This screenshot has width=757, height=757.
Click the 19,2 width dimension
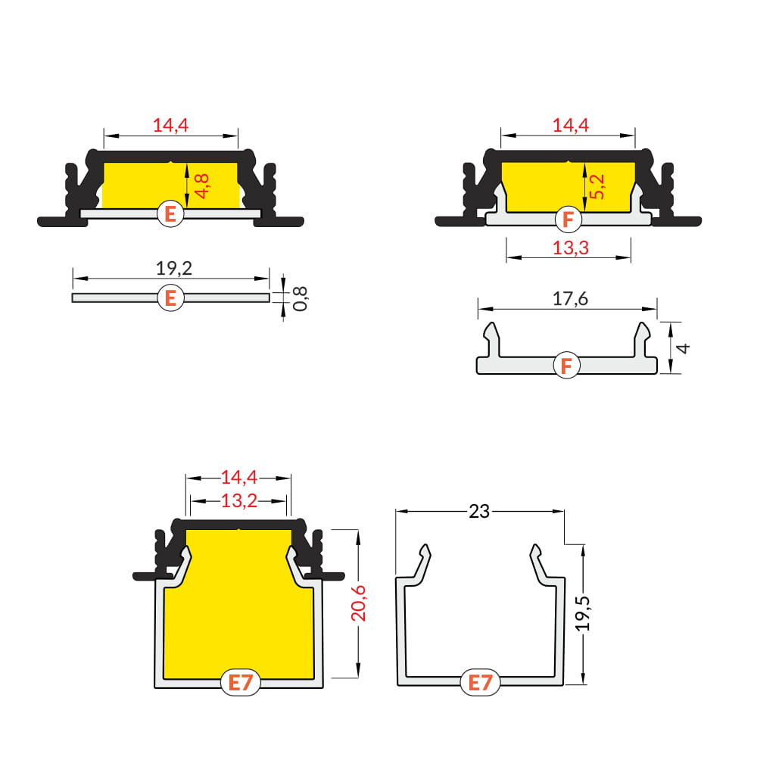(174, 269)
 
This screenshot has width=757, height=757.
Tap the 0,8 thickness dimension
(300, 298)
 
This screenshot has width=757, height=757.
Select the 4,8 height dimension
(202, 186)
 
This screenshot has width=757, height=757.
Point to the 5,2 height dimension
(597, 186)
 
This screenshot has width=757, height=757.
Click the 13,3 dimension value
(571, 248)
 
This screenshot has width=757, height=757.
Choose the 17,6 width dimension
(570, 299)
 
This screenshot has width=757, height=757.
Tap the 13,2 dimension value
(239, 501)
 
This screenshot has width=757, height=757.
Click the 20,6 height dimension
(359, 603)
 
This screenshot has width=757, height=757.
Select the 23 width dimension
(479, 511)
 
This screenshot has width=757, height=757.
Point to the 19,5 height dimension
(583, 613)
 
